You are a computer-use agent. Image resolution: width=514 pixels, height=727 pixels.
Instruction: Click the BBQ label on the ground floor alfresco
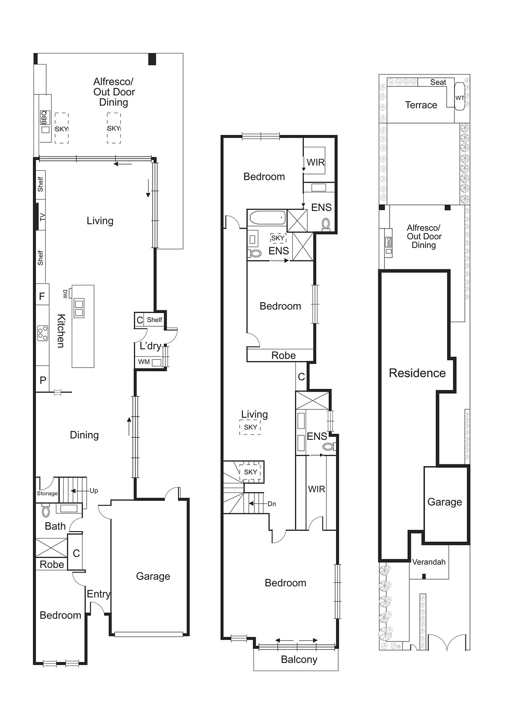(x=44, y=118)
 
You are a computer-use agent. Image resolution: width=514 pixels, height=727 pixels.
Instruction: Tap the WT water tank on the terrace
(x=460, y=98)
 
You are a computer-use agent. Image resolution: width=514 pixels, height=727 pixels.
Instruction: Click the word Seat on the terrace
(x=438, y=82)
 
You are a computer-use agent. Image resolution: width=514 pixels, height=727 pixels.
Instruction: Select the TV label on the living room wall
(x=43, y=217)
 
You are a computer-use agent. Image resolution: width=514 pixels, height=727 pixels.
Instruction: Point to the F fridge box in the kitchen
(x=42, y=297)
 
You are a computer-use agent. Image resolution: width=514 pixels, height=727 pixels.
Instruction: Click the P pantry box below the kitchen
(x=43, y=380)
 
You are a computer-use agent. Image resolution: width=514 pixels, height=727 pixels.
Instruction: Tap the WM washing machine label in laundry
(x=144, y=362)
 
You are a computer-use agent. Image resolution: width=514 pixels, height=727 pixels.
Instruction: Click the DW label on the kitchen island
(x=66, y=294)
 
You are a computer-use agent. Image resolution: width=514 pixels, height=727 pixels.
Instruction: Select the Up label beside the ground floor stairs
(x=94, y=491)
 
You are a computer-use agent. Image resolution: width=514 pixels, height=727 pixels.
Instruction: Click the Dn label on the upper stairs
(x=272, y=504)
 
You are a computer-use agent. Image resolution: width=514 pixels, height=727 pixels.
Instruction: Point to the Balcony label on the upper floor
(x=299, y=660)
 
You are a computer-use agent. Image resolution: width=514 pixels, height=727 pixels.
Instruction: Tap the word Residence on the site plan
(x=417, y=373)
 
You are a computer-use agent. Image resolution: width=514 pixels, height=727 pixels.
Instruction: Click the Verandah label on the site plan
(x=429, y=562)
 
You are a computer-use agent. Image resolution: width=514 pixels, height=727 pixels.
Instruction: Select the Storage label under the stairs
(x=47, y=493)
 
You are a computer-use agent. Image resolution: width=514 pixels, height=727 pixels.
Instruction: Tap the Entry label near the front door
(x=99, y=594)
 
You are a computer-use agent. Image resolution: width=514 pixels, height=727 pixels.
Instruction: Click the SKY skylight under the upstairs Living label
(x=250, y=428)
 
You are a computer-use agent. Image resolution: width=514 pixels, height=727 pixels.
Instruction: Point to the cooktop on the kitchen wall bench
(x=43, y=333)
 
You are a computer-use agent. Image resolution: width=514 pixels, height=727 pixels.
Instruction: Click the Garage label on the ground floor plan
(x=153, y=576)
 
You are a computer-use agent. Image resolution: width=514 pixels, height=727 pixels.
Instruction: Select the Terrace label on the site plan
(x=421, y=105)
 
